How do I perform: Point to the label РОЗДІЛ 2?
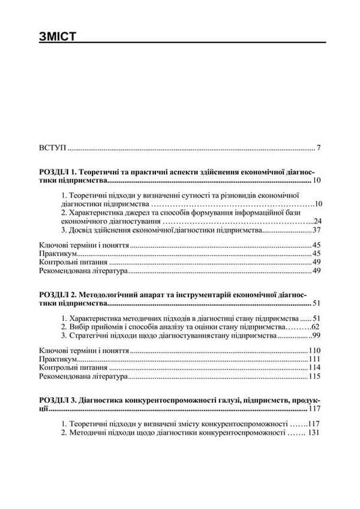[x=56, y=295]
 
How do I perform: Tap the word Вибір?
[x=79, y=326]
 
